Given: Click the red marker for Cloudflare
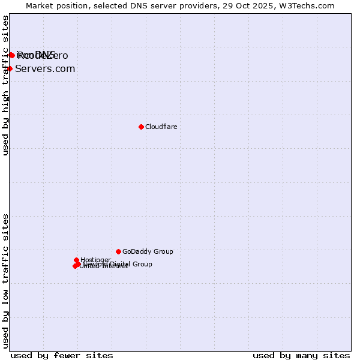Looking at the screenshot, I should pyautogui.click(x=141, y=127).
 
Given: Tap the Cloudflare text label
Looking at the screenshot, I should pyautogui.click(x=161, y=127).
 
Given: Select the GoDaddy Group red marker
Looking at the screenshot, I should pyautogui.click(x=118, y=251).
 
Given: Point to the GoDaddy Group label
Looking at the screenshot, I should pyautogui.click(x=148, y=251).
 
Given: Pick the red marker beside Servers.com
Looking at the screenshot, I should pyautogui.click(x=10, y=68).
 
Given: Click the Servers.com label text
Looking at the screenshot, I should pyautogui.click(x=45, y=68).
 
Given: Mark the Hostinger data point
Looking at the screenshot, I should pyautogui.click(x=76, y=260).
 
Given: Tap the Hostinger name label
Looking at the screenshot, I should pyautogui.click(x=95, y=260).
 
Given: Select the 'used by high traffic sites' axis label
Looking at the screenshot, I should pyautogui.click(x=5, y=85).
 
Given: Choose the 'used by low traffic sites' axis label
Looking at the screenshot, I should pyautogui.click(x=5, y=280).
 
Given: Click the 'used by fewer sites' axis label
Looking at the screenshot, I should pyautogui.click(x=62, y=355).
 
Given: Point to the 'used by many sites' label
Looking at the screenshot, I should pyautogui.click(x=301, y=355).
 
